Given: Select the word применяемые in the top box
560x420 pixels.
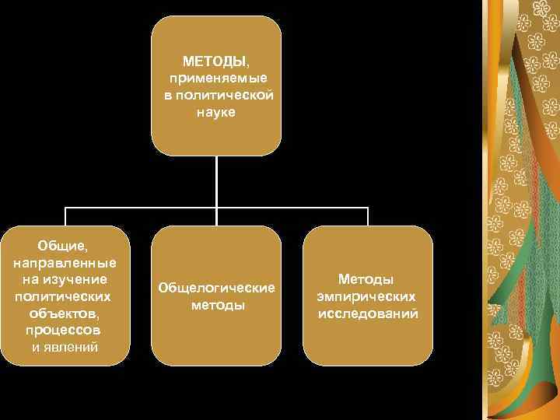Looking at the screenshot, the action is point(216,78).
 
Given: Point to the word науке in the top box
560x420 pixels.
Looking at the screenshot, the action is point(216,112).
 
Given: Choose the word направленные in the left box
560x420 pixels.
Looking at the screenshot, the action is point(65,262).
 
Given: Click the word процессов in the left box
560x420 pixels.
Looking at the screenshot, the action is point(65,331).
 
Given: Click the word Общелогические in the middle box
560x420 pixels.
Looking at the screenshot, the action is point(216,288).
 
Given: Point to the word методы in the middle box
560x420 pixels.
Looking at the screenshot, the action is point(217,305).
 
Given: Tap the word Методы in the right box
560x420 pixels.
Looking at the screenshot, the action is point(366,279).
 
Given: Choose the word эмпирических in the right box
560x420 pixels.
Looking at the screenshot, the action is point(366,296).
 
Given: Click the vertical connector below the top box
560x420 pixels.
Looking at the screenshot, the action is point(216,183).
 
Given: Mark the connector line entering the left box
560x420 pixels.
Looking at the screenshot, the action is point(65,218).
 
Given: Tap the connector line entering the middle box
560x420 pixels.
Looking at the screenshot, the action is point(216,218).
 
